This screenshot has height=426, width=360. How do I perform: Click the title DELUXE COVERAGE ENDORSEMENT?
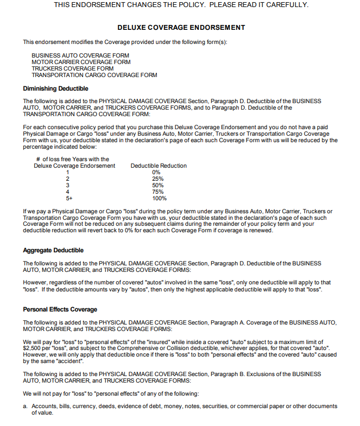(x=181, y=27)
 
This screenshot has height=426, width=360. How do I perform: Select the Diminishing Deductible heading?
(x=55, y=88)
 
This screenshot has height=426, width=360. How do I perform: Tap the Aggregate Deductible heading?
(x=53, y=250)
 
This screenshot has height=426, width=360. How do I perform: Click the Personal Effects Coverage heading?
(x=60, y=309)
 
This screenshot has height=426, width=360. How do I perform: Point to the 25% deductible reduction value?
(x=158, y=179)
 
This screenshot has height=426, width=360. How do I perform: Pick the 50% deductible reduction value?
(x=158, y=185)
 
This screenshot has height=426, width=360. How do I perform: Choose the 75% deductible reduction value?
(x=158, y=192)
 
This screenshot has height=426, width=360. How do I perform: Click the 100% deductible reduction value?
(x=159, y=198)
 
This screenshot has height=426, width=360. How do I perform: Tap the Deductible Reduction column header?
(x=159, y=166)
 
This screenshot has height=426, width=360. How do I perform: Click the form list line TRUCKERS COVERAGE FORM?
(x=73, y=68)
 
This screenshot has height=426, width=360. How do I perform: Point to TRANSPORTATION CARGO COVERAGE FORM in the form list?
(x=94, y=75)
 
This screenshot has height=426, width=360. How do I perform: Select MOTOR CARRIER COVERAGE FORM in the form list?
(x=81, y=62)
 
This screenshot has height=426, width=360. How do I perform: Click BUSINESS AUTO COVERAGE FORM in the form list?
(x=80, y=55)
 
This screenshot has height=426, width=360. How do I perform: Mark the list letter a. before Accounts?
(x=26, y=406)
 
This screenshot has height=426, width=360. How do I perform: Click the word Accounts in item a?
(x=44, y=406)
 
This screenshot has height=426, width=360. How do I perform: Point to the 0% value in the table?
(x=156, y=172)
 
